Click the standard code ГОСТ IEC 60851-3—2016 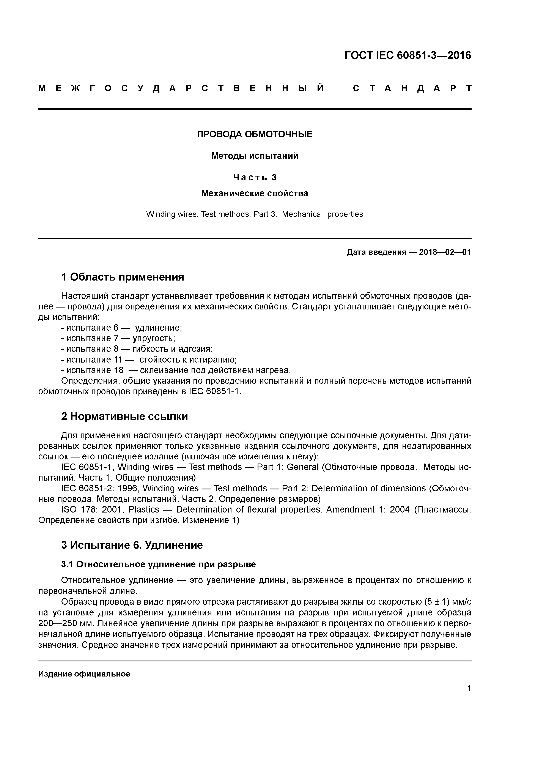[x=408, y=55]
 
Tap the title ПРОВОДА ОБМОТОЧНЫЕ [x=255, y=134]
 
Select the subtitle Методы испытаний [x=255, y=156]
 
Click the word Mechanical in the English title [x=302, y=214]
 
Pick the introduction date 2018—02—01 [x=445, y=252]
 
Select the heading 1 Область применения [x=123, y=277]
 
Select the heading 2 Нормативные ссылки [x=125, y=416]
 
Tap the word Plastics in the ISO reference [x=144, y=509]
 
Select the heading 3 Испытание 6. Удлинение [x=132, y=545]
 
